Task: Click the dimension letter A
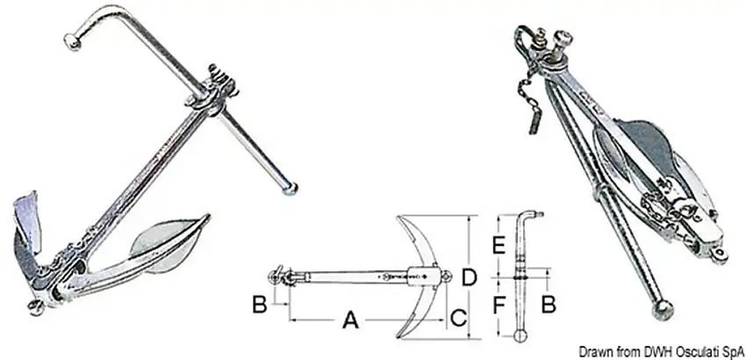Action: pyautogui.click(x=350, y=320)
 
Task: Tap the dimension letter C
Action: pyautogui.click(x=458, y=318)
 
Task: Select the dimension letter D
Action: pyautogui.click(x=470, y=277)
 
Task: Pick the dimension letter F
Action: pyautogui.click(x=499, y=306)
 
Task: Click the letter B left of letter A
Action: pyautogui.click(x=259, y=305)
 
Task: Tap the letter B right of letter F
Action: pyautogui.click(x=549, y=305)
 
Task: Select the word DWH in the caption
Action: pyautogui.click(x=656, y=352)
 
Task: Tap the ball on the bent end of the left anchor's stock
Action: pyautogui.click(x=73, y=41)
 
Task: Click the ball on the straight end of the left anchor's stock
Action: pyautogui.click(x=290, y=189)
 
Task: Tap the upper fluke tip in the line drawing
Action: pyautogui.click(x=398, y=218)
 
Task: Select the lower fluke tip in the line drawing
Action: pyautogui.click(x=398, y=336)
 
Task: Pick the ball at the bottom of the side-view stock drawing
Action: pyautogui.click(x=520, y=335)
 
